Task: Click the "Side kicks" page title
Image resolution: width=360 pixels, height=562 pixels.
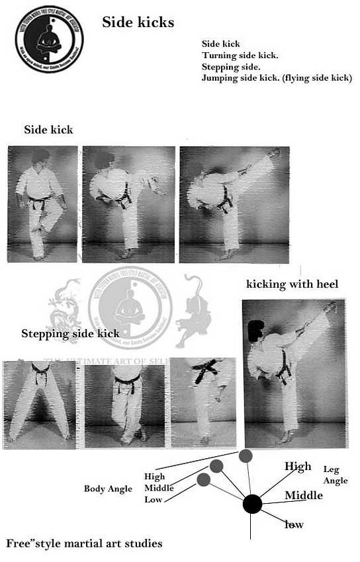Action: click(138, 22)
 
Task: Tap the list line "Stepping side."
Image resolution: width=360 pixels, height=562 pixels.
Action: click(231, 66)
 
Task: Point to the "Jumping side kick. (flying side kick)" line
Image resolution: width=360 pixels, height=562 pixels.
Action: click(277, 77)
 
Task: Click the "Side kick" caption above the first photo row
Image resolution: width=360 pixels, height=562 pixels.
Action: click(48, 130)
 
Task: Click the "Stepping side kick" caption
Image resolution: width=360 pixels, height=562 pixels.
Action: click(70, 333)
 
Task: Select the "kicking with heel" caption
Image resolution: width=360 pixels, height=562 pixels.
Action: click(292, 284)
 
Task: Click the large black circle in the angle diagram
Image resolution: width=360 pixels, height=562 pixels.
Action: click(252, 504)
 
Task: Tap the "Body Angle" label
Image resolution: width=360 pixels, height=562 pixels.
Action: click(108, 489)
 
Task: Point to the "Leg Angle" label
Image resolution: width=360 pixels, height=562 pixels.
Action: click(335, 475)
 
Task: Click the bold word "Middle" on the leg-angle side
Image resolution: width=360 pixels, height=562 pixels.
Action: click(304, 495)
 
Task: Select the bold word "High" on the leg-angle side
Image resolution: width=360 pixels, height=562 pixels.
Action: click(298, 467)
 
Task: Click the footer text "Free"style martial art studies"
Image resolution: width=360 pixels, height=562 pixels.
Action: click(84, 543)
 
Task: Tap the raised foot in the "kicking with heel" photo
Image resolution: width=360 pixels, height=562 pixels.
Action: click(329, 307)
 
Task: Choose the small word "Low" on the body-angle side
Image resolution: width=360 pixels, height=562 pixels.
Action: click(154, 500)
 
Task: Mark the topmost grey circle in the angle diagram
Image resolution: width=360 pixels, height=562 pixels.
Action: click(246, 455)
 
